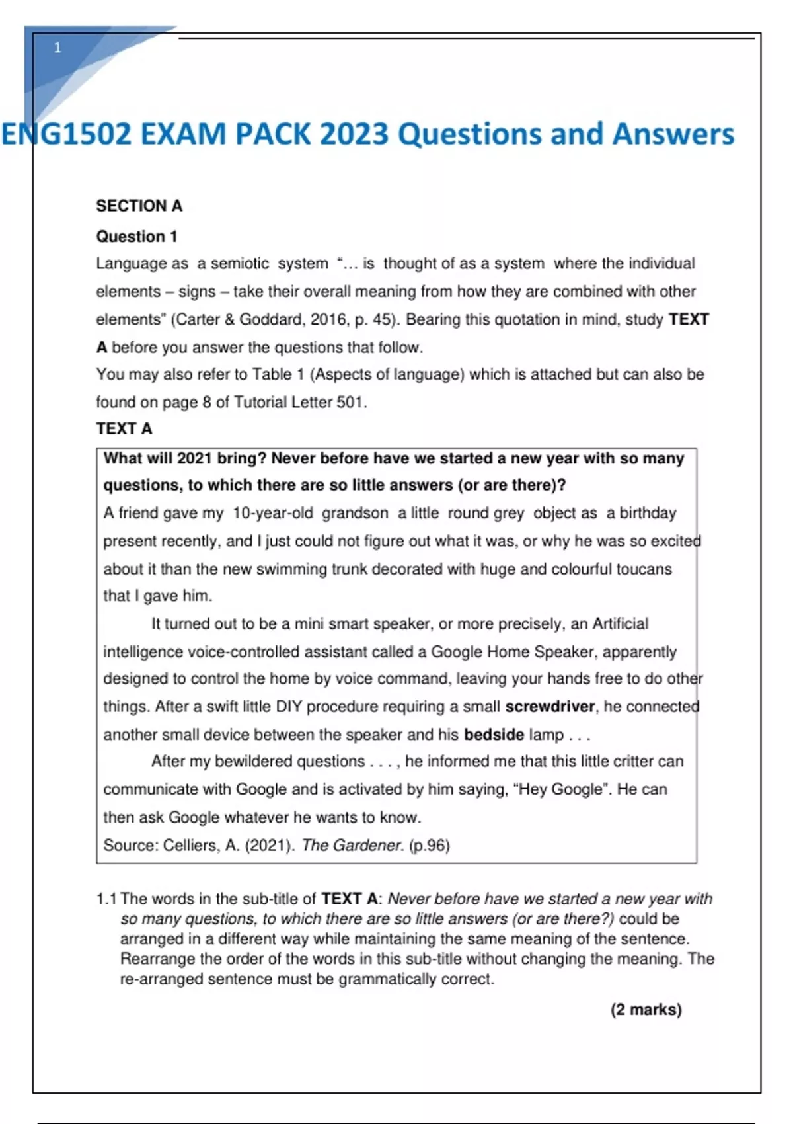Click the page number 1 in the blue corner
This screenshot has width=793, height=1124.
coord(57,48)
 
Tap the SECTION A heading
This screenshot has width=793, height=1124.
coord(139,206)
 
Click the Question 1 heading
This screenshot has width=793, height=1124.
coord(137,236)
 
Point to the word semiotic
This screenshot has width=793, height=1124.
coord(240,264)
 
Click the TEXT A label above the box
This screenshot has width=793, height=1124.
coord(124,429)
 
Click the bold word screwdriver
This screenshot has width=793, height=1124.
coord(550,707)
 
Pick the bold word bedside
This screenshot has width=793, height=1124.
coord(494,735)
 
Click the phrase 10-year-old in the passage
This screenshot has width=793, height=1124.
coord(273,513)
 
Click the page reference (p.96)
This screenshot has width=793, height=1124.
coord(430,846)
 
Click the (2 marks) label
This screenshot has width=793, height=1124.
coord(646,1010)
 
